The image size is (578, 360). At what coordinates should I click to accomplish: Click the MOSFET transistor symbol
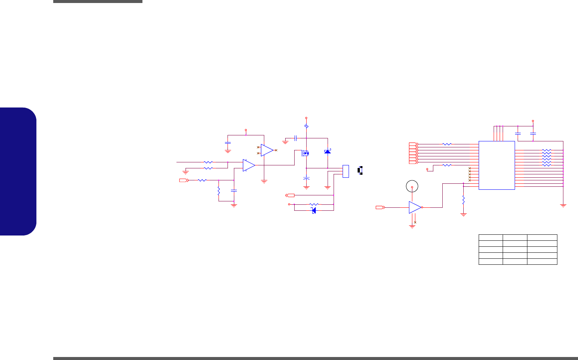pyautogui.click(x=305, y=153)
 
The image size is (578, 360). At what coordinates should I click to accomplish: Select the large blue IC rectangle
pyautogui.click(x=497, y=165)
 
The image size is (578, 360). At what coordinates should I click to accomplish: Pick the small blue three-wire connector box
pyautogui.click(x=346, y=171)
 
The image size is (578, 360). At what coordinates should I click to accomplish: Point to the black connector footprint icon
pyautogui.click(x=360, y=170)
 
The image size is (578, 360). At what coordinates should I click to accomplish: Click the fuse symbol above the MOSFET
pyautogui.click(x=307, y=126)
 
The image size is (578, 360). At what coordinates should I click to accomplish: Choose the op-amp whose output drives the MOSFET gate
pyautogui.click(x=249, y=165)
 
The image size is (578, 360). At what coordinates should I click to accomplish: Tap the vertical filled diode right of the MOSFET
pyautogui.click(x=328, y=151)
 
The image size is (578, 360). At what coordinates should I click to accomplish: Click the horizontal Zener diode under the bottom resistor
pyautogui.click(x=314, y=210)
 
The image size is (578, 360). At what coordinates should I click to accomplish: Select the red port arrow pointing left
pyautogui.click(x=290, y=195)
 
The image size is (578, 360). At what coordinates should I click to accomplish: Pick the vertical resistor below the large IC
pyautogui.click(x=463, y=199)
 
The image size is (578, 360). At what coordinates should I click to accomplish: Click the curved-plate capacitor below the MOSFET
pyautogui.click(x=306, y=178)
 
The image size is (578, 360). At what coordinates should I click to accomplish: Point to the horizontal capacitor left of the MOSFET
pyautogui.click(x=296, y=138)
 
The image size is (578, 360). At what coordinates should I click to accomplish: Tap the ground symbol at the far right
pyautogui.click(x=563, y=205)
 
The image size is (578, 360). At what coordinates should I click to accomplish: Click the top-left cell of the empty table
pyautogui.click(x=491, y=237)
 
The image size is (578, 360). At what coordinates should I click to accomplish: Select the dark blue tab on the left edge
pyautogui.click(x=18, y=171)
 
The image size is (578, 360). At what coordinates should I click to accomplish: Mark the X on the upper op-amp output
pyautogui.click(x=276, y=150)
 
